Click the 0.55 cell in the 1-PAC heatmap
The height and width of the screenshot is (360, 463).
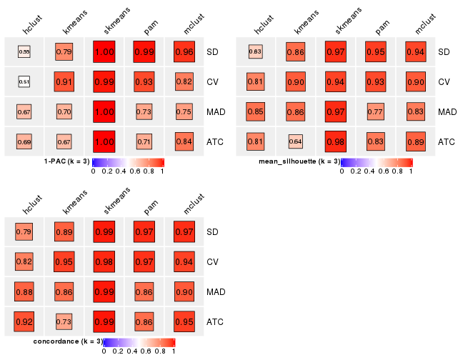tap(24, 52)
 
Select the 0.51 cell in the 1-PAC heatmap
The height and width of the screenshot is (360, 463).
tap(24, 82)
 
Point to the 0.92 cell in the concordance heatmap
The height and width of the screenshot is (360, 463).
tap(24, 322)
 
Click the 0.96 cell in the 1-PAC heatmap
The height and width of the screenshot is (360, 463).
tap(184, 52)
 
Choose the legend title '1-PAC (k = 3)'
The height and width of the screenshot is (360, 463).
tap(64, 161)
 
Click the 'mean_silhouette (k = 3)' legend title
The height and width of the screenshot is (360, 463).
tap(299, 161)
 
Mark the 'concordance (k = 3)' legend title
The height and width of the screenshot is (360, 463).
tap(69, 341)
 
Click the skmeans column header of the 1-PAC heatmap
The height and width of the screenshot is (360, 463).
tap(113, 21)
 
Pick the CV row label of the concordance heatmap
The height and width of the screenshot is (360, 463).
tap(212, 262)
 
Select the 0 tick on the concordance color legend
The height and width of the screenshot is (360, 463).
tap(104, 351)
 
